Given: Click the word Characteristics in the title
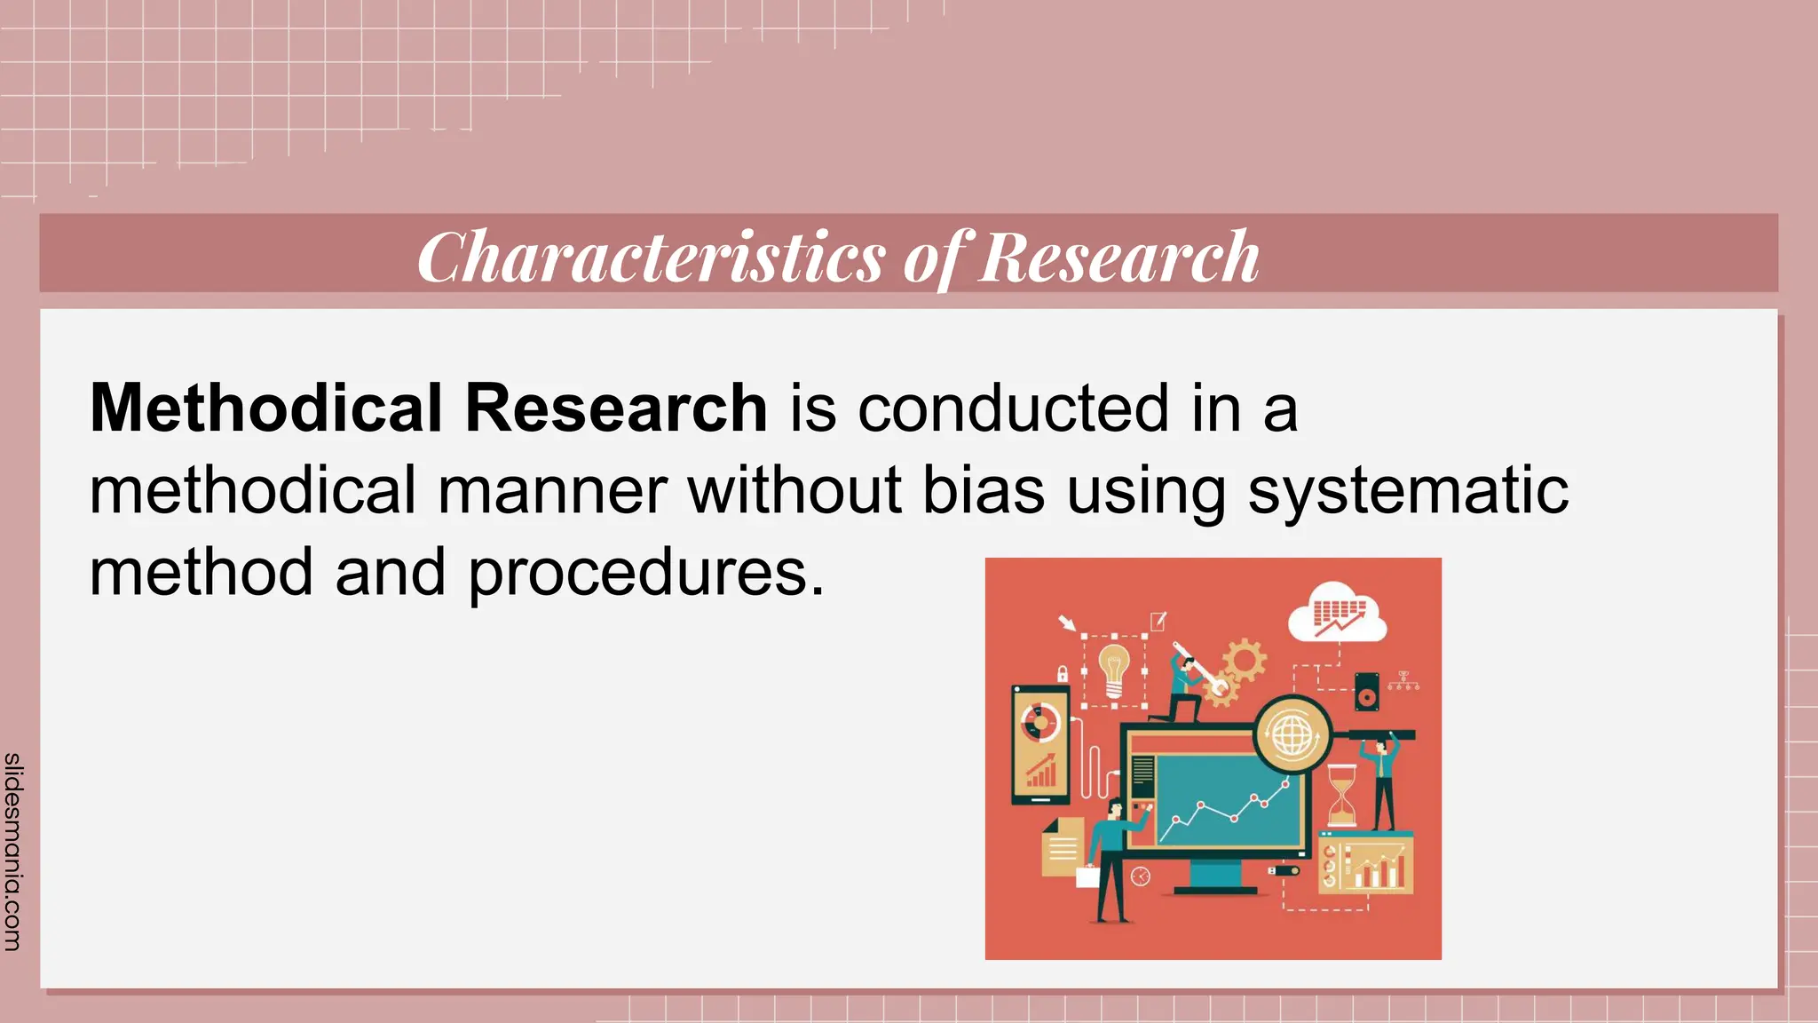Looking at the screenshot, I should tap(651, 257).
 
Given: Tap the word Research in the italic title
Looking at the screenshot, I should tap(1118, 257).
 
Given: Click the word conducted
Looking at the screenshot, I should tap(1012, 408).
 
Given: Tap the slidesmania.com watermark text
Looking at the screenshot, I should tap(12, 851).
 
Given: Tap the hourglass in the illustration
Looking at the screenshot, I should tap(1341, 795).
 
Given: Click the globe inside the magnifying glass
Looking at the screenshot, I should tap(1292, 734).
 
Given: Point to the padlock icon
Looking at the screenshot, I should tap(1062, 674).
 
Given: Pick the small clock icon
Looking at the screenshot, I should tap(1141, 877).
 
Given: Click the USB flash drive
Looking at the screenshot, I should tap(1284, 870).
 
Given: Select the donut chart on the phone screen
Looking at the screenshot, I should tap(1040, 722).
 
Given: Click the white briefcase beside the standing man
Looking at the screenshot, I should tap(1087, 876).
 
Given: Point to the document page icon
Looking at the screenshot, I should tap(1062, 848).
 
